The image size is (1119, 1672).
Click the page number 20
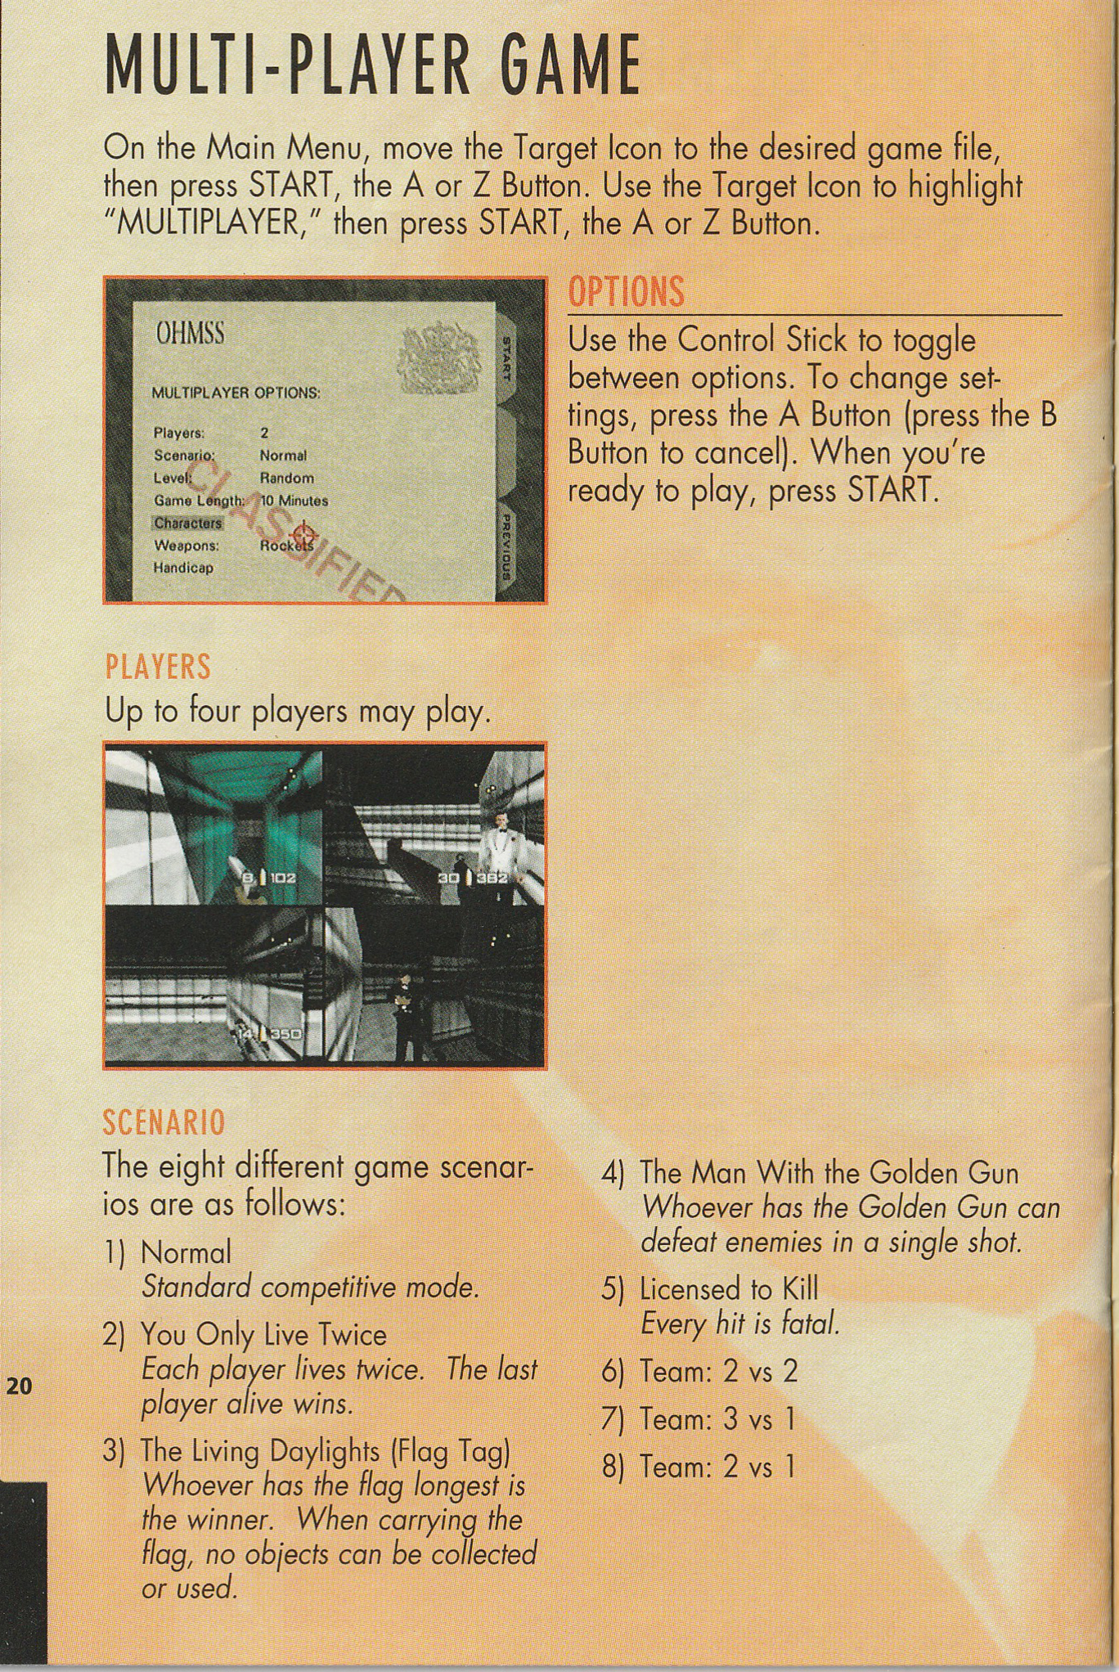(19, 1385)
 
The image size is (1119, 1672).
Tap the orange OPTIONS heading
(626, 292)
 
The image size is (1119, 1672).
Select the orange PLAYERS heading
(158, 667)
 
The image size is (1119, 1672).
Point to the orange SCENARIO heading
(164, 1122)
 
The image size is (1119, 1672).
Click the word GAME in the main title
(559, 65)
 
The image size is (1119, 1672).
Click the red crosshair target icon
(302, 533)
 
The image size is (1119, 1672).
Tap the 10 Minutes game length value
(294, 500)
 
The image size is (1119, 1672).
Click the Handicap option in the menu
(183, 567)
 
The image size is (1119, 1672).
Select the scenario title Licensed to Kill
(729, 1289)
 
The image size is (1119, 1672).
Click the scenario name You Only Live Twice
(263, 1335)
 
